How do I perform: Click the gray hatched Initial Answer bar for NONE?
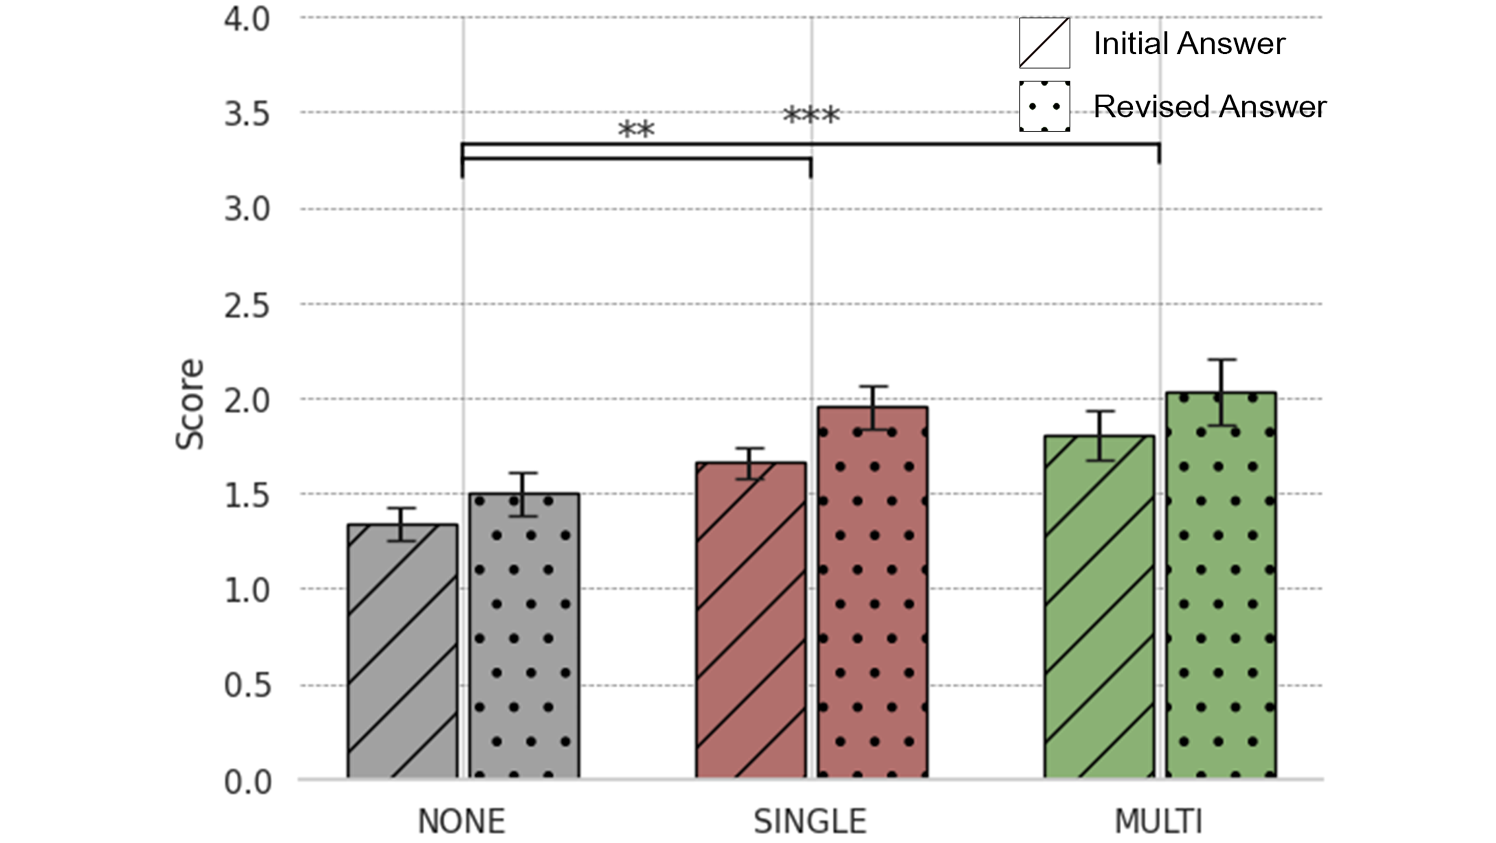402,651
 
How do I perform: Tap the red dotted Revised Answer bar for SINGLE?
872,593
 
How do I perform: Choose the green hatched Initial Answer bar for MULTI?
1099,607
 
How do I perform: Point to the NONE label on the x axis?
462,822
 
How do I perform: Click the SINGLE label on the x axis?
810,822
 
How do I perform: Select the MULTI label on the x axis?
1158,822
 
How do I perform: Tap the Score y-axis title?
190,404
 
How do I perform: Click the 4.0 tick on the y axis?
247,19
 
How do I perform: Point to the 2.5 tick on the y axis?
247,305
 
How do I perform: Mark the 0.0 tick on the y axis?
247,782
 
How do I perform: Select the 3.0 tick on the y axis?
247,209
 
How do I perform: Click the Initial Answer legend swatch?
1044,43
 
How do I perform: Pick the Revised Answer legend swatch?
1044,106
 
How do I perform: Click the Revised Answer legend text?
1210,106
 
